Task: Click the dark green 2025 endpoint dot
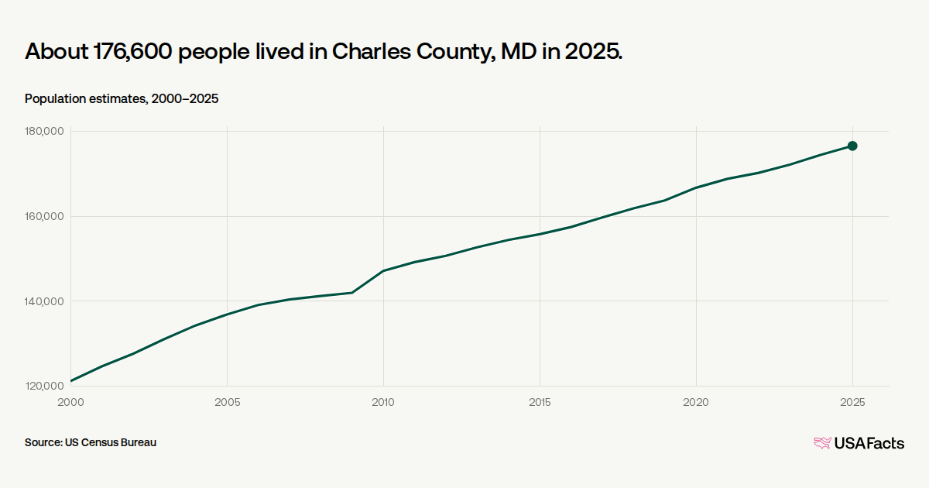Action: click(852, 146)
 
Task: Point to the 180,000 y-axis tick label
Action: click(44, 132)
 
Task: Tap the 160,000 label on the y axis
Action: click(44, 216)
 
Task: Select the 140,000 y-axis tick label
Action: click(44, 301)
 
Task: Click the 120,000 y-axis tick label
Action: click(44, 386)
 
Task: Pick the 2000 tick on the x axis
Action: click(70, 402)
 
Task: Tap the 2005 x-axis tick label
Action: click(228, 402)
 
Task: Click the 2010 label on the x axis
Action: click(383, 402)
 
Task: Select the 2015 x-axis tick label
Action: click(540, 402)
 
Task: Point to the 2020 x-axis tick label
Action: click(696, 402)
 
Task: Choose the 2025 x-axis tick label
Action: click(852, 402)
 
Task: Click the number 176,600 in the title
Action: click(132, 52)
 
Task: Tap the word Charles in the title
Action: click(371, 51)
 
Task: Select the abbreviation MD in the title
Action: click(519, 52)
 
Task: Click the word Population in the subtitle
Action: click(55, 99)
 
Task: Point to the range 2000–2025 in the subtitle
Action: click(184, 99)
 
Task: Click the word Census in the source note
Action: click(98, 442)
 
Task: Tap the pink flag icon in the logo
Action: click(822, 443)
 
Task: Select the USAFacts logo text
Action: click(869, 444)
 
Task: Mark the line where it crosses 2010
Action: click(383, 270)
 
